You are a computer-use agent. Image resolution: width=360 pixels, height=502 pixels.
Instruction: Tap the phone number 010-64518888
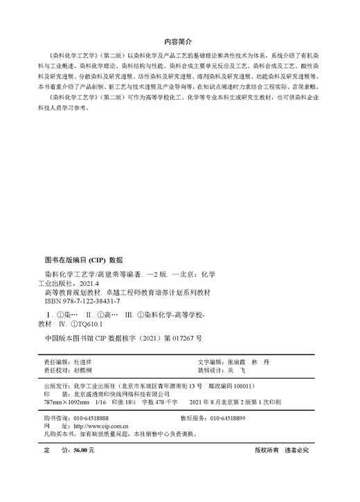pyautogui.click(x=90, y=419)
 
